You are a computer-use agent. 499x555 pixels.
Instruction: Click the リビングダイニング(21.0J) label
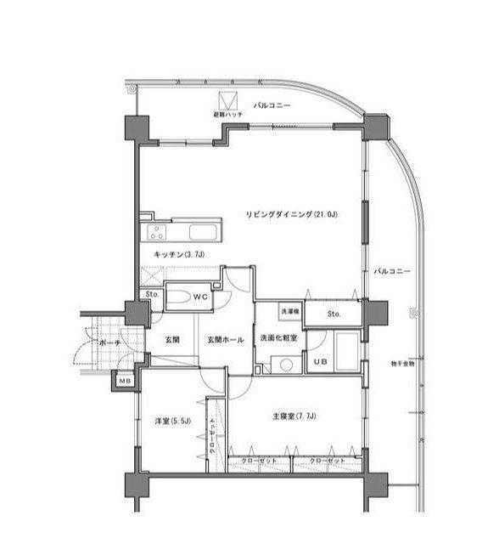[291, 213]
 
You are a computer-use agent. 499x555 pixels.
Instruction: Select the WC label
[200, 297]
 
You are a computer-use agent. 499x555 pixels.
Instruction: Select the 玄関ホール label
[227, 340]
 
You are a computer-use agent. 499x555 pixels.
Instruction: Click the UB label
[320, 361]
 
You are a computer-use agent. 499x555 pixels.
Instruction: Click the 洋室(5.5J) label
[171, 422]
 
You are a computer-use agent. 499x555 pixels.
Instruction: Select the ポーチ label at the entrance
[109, 343]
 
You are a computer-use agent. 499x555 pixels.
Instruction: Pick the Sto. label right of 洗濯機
[334, 313]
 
